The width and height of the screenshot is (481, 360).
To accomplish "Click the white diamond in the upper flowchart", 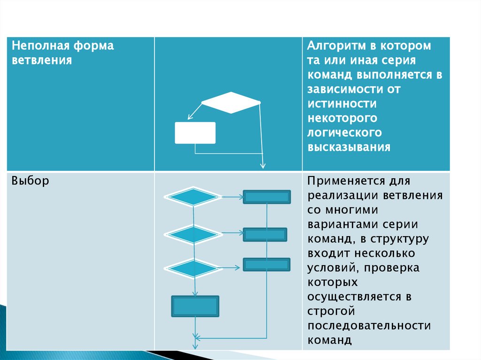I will coord(231,102).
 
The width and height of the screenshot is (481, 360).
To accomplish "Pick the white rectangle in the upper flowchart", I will coord(195,133).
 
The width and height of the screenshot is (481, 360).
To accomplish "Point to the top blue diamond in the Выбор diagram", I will coord(193,197).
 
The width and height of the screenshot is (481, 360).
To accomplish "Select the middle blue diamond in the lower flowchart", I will coord(193,234).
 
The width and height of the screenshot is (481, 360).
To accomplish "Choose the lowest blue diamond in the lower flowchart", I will coord(193,268).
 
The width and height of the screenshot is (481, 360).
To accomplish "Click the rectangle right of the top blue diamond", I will coord(267,197).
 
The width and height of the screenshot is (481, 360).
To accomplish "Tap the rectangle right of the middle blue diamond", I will coord(265,234).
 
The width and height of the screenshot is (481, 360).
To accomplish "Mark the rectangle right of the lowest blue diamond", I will coord(266,264).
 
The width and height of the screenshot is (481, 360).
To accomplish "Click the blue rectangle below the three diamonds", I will coord(195,306).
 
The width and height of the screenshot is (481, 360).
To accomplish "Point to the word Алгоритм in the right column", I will coord(334,46).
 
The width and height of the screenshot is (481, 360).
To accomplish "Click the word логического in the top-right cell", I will coord(344,132).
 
